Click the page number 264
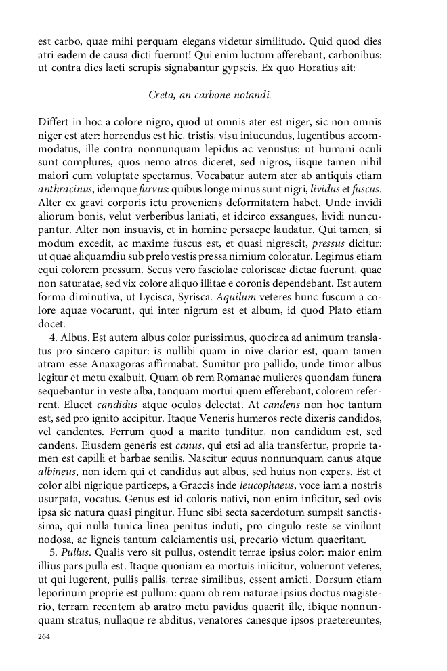(x=45, y=637)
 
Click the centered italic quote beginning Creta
(x=210, y=95)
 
